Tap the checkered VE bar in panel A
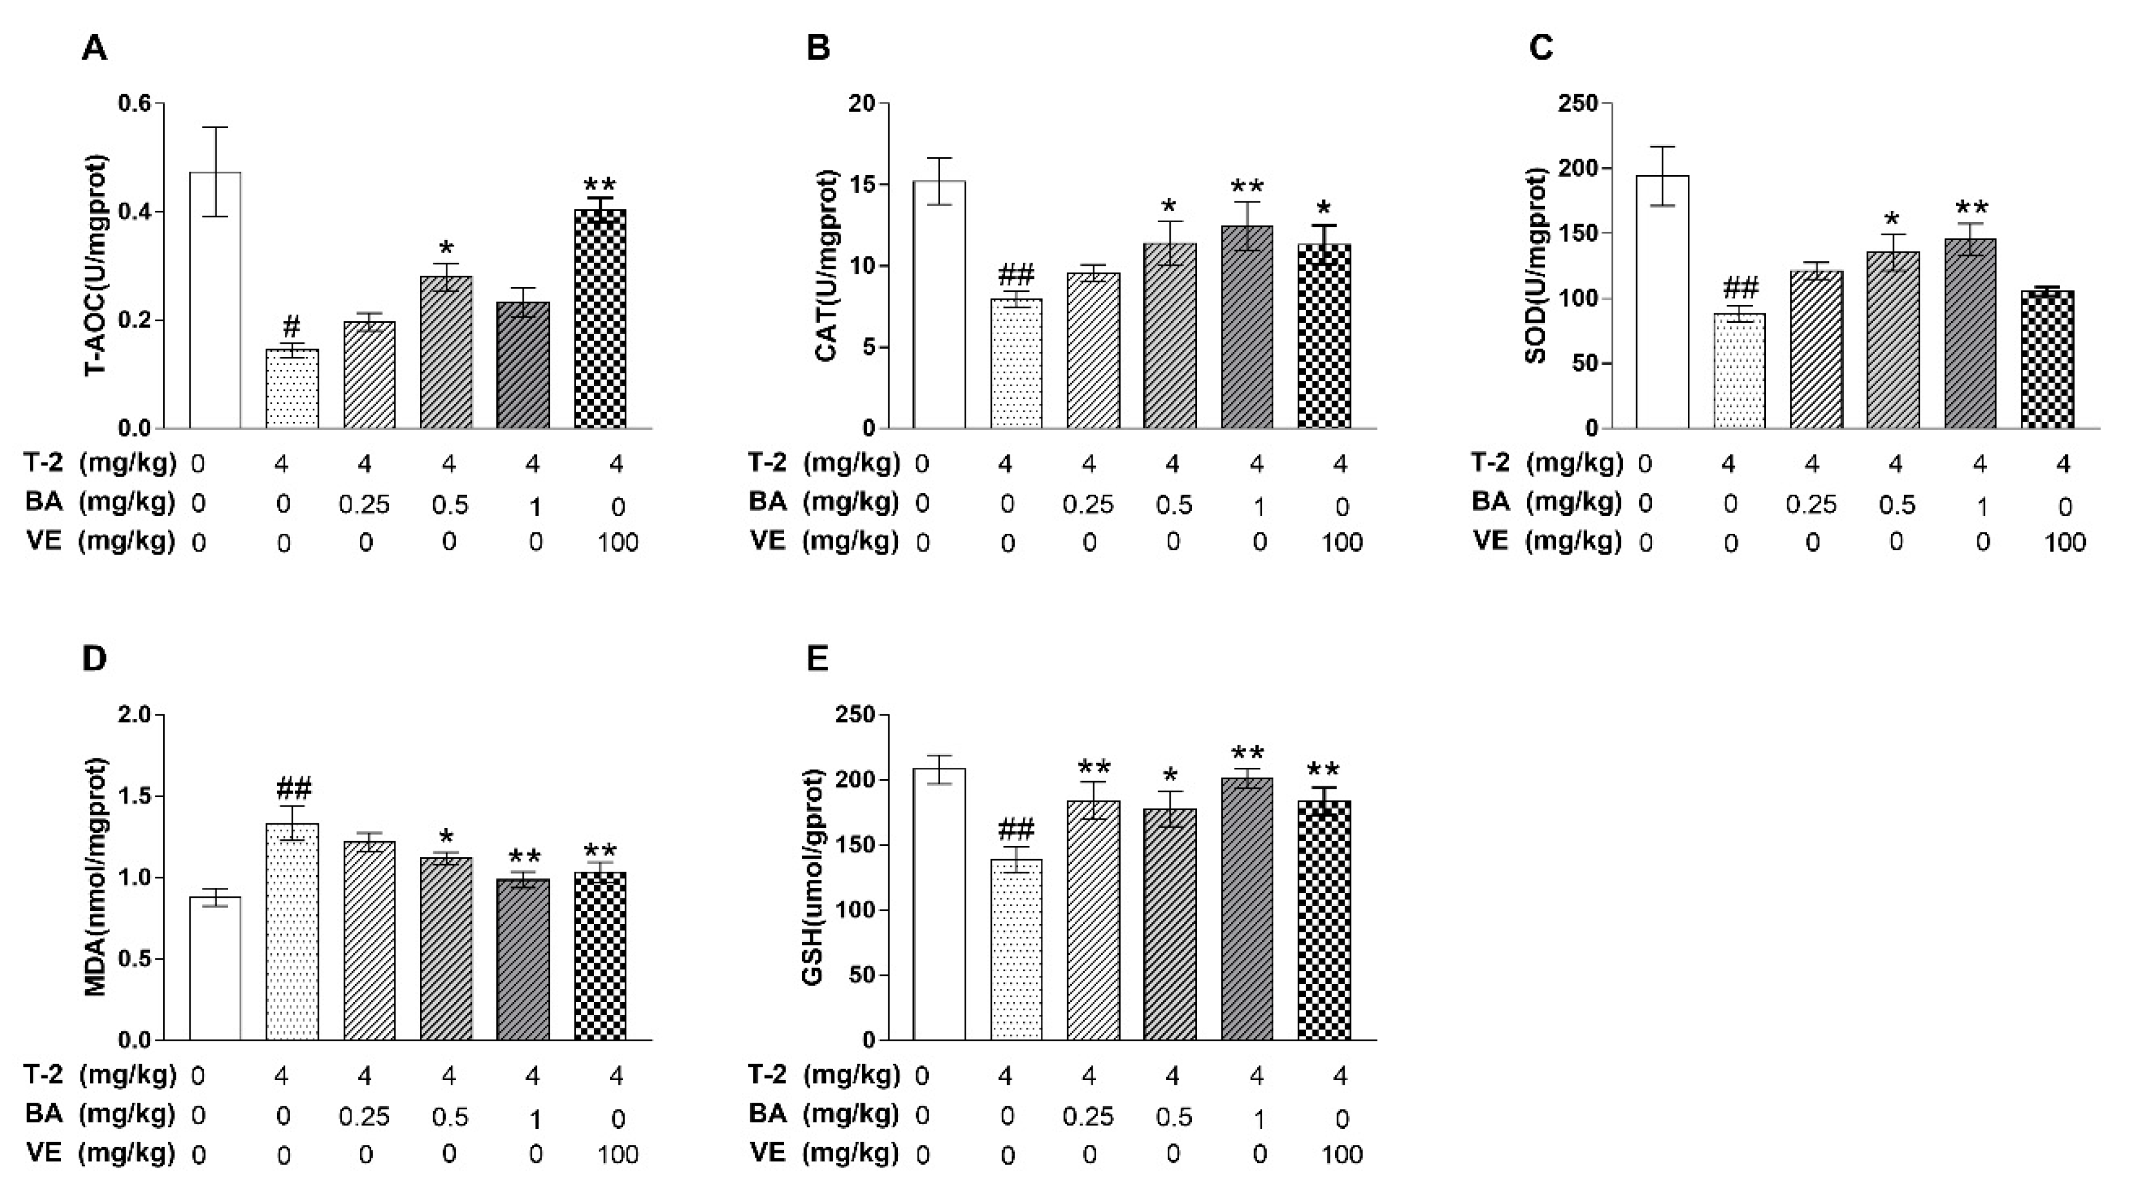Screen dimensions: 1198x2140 [600, 320]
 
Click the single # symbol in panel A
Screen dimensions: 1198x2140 [291, 326]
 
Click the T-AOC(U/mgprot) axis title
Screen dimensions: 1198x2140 [97, 265]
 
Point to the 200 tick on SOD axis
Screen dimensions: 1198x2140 [1580, 169]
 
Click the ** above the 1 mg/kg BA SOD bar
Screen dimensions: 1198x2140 [1971, 209]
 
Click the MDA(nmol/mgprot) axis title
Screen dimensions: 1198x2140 [97, 876]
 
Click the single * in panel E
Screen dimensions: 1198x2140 [1171, 777]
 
